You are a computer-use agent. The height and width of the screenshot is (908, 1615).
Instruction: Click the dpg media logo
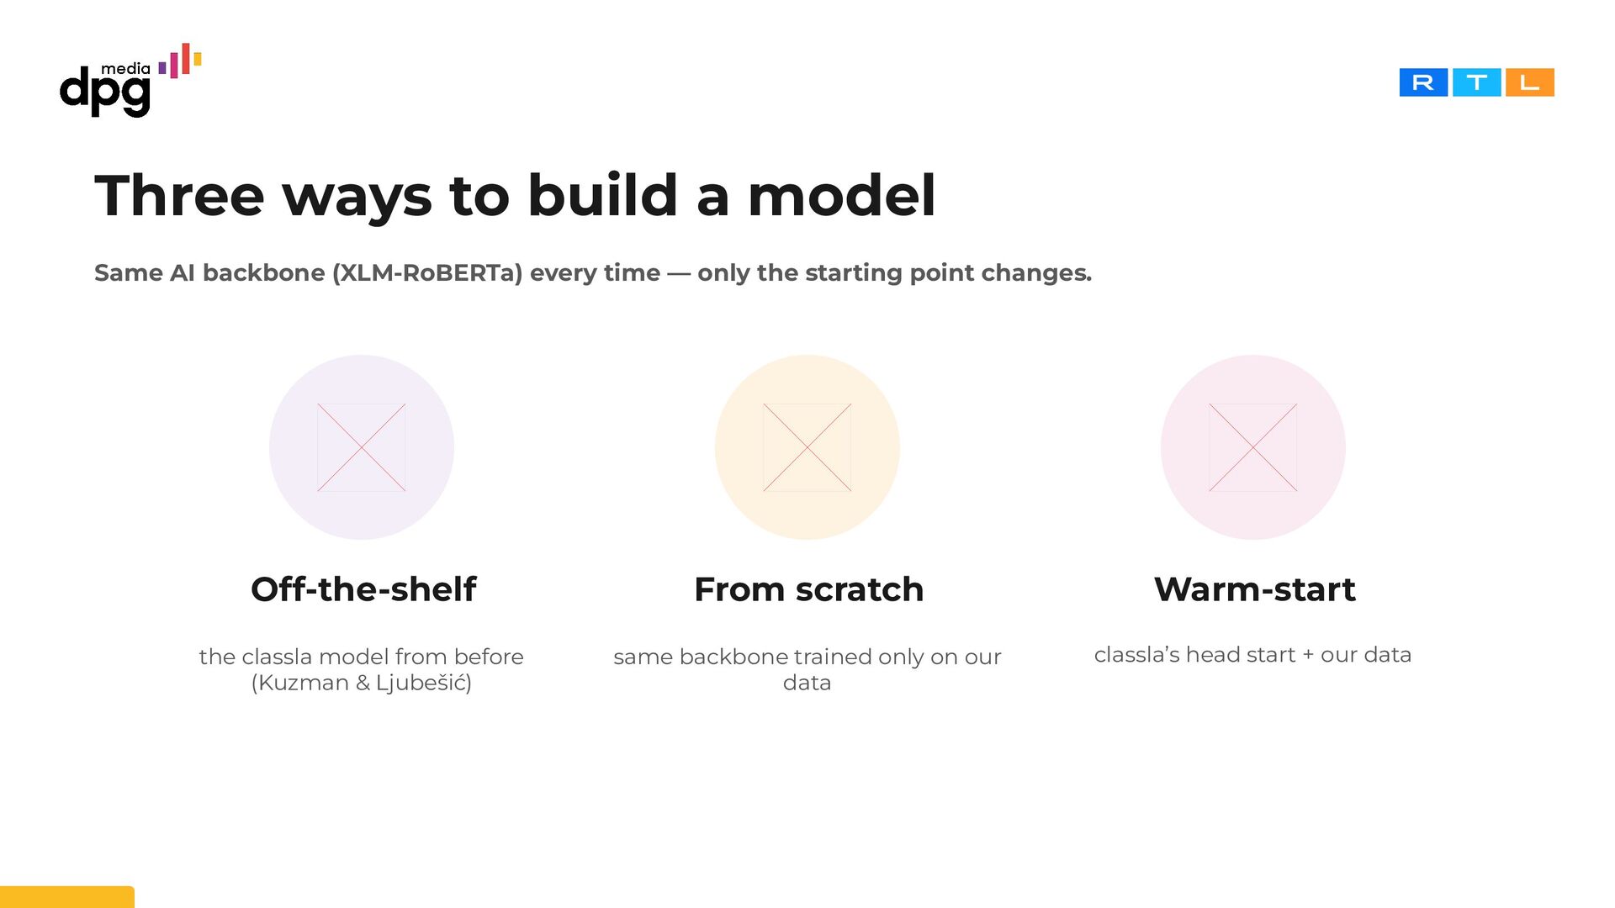pos(130,81)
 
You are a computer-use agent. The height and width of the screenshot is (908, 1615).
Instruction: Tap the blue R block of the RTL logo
pos(1423,82)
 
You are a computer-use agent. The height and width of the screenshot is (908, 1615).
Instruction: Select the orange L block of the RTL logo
pos(1529,82)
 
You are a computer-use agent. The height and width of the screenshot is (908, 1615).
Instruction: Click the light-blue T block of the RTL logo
pos(1476,82)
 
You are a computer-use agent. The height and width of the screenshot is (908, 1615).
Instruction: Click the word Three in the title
pos(179,196)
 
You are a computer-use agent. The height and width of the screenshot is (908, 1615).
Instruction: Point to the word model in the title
pos(841,196)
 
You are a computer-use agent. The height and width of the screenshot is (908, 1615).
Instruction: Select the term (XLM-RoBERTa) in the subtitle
pos(427,273)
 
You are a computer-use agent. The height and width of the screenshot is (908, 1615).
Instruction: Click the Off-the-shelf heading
pos(363,589)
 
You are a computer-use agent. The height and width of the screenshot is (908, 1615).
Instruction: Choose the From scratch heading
pos(808,589)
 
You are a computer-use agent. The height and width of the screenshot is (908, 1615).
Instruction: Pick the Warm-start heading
pos(1254,589)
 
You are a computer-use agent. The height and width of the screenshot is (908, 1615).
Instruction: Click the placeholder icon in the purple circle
pos(362,447)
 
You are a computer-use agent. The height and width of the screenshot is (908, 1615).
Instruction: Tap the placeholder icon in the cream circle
pos(807,447)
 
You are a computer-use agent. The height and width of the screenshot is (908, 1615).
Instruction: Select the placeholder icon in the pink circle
pos(1253,447)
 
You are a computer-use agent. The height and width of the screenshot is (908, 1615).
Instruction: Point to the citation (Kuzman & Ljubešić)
pos(362,683)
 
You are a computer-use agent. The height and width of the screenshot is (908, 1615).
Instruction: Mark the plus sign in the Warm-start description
pos(1308,655)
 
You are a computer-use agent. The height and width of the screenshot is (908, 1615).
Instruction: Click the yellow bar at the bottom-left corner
pos(67,897)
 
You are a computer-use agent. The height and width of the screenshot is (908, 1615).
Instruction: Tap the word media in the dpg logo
pos(125,69)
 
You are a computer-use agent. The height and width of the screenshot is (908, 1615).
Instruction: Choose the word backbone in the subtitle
pos(263,273)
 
